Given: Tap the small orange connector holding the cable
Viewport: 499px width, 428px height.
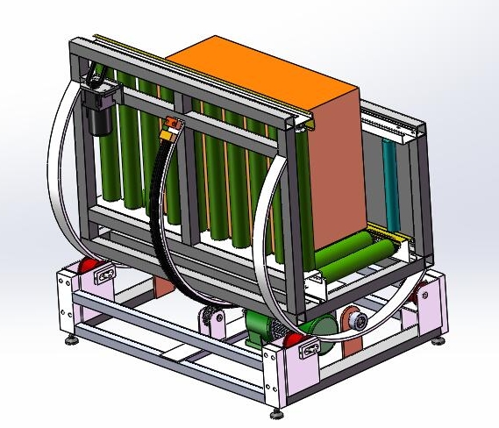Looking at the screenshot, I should click(170, 126).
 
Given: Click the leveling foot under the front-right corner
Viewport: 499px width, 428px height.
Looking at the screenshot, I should click(277, 408).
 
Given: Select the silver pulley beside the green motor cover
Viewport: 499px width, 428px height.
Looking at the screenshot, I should click(356, 321).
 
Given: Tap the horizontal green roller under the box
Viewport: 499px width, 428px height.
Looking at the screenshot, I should click(351, 255).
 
